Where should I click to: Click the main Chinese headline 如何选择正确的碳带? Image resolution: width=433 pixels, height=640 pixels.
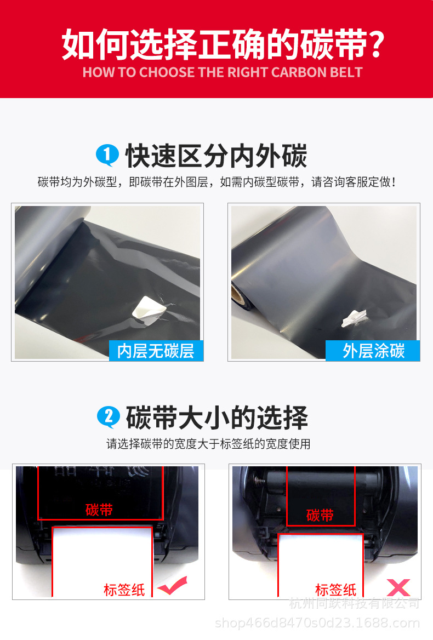222,45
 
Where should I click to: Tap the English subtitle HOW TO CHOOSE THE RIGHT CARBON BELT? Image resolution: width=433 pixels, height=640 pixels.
222,72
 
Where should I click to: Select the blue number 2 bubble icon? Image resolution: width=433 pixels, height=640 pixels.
108,418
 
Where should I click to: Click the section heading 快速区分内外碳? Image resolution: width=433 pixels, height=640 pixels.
216,156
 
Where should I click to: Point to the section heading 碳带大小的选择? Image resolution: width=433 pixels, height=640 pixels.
216,418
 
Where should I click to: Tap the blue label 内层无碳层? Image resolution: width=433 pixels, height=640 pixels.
156,351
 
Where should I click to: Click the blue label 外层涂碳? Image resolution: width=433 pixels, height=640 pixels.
373,351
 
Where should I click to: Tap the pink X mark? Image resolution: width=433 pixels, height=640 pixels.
398,587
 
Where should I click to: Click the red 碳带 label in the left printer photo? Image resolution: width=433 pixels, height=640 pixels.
99,510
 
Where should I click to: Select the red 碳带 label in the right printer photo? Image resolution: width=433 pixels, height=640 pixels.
320,515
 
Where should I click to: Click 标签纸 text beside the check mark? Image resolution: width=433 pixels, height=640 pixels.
124,590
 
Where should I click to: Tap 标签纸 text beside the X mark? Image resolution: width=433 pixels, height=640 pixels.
335,590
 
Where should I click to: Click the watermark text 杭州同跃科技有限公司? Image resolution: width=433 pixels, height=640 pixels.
354,604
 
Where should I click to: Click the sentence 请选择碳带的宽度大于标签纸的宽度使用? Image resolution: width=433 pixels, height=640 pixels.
208,444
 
